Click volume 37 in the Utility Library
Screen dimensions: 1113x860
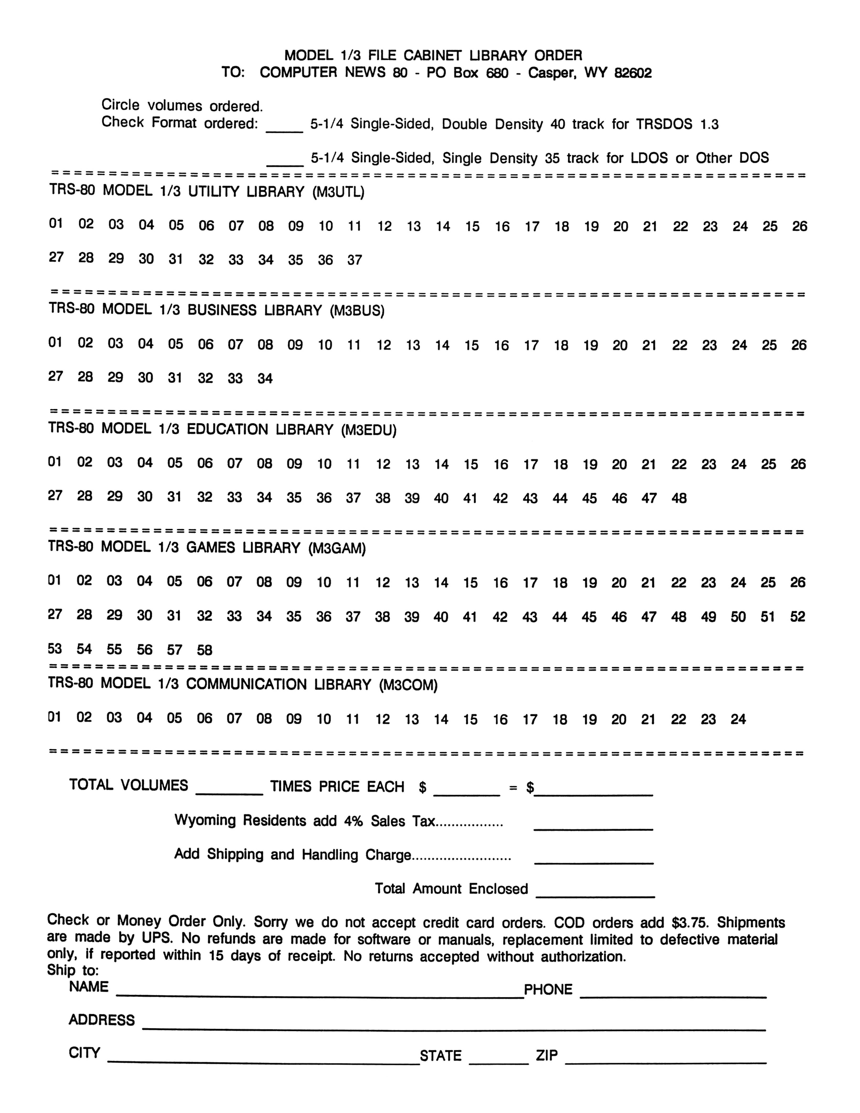(x=355, y=260)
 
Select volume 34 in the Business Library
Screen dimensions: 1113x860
(x=265, y=378)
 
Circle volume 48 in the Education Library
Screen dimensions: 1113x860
(x=679, y=498)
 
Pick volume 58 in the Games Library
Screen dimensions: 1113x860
(x=204, y=650)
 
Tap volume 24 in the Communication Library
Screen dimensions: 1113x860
(x=738, y=719)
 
